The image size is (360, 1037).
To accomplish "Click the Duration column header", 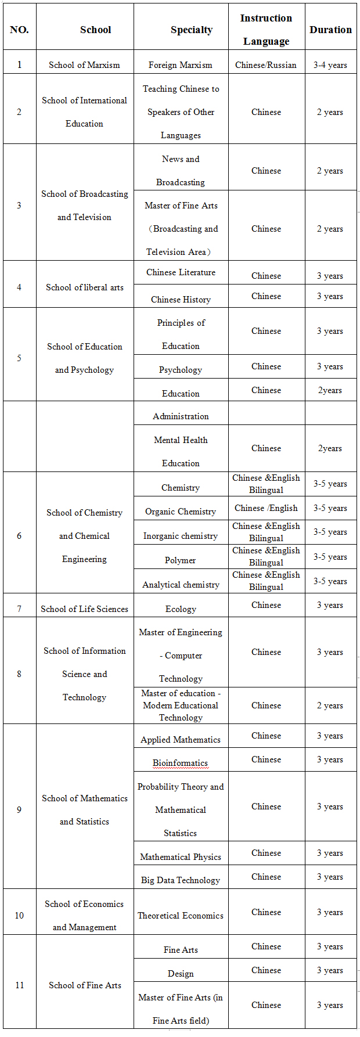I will click(x=330, y=30).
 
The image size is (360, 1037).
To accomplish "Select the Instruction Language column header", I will click(x=266, y=30).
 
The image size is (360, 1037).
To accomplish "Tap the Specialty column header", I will click(x=192, y=30).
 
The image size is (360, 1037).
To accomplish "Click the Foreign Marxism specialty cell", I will click(x=181, y=65).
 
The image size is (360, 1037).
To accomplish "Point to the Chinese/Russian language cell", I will click(x=266, y=65).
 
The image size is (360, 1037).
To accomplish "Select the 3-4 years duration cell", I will click(x=330, y=65).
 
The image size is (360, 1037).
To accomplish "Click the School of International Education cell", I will click(x=85, y=111).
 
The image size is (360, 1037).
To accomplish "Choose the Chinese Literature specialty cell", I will click(x=181, y=272).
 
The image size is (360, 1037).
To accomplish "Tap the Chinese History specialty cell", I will click(x=181, y=300).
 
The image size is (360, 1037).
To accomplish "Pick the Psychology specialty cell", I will click(x=181, y=370).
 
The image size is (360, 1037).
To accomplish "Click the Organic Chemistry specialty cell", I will click(x=181, y=512).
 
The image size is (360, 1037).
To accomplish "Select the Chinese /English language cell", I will click(x=266, y=508).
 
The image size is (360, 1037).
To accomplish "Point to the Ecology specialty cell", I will click(x=181, y=609).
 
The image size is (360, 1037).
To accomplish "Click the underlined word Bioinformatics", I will click(x=180, y=763).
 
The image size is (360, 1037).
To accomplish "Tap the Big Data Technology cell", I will click(x=181, y=880).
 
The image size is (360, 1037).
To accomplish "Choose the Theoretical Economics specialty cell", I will click(x=181, y=916).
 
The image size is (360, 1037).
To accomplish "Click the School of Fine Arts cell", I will click(x=85, y=985).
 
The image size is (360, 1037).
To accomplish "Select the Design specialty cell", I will click(x=181, y=974).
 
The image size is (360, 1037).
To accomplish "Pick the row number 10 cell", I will click(x=19, y=916).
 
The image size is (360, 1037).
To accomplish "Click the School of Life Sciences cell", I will click(x=85, y=609).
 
